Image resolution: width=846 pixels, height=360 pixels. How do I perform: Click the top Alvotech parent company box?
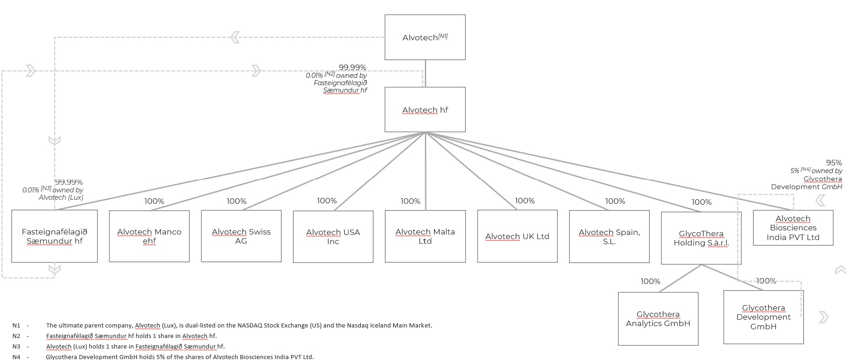tap(425, 37)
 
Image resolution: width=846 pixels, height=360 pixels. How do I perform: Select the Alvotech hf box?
tap(425, 109)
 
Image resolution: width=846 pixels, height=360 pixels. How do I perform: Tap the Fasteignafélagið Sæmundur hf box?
tap(54, 236)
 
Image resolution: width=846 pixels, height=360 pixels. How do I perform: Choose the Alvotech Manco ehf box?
tap(149, 236)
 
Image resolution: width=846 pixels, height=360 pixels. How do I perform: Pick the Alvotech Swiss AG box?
tap(241, 236)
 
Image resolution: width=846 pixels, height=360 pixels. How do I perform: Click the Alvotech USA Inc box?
tap(333, 237)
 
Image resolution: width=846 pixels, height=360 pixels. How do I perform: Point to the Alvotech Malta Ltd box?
tap(425, 236)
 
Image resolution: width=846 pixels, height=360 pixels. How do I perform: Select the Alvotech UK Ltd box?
tap(517, 236)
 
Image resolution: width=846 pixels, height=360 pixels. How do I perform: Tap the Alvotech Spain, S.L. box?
tap(609, 236)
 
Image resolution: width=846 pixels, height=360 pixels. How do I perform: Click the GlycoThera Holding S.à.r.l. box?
tap(701, 238)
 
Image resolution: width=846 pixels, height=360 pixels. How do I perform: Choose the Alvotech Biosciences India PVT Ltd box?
tap(793, 228)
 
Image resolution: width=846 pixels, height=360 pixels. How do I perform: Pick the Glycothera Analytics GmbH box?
tap(658, 319)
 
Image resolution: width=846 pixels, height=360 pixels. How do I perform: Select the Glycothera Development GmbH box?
tap(763, 317)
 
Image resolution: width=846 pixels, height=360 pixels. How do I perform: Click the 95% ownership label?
tap(834, 163)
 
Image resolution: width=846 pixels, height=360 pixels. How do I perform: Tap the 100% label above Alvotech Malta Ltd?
tap(410, 201)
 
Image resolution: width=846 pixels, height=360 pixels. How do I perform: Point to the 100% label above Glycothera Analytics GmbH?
tap(650, 281)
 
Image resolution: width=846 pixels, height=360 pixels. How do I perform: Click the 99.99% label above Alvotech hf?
tap(352, 67)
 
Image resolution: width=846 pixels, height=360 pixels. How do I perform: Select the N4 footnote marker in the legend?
tap(16, 357)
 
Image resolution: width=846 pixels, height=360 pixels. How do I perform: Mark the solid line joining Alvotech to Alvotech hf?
tap(425, 73)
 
